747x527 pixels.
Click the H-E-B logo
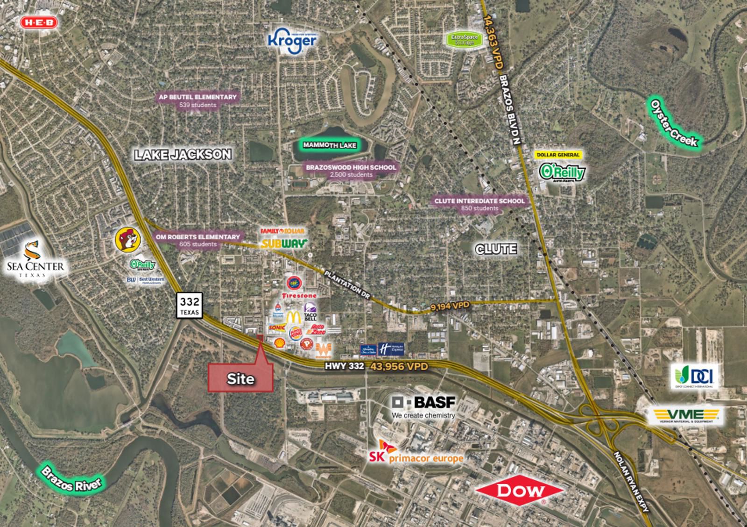[39, 22]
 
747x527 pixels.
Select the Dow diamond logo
[520, 490]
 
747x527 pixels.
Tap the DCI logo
[691, 376]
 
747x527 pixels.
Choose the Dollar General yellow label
[558, 155]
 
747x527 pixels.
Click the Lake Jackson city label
[183, 154]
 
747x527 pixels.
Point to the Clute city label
[496, 249]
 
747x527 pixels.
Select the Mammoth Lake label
[330, 145]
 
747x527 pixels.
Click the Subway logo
[284, 243]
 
